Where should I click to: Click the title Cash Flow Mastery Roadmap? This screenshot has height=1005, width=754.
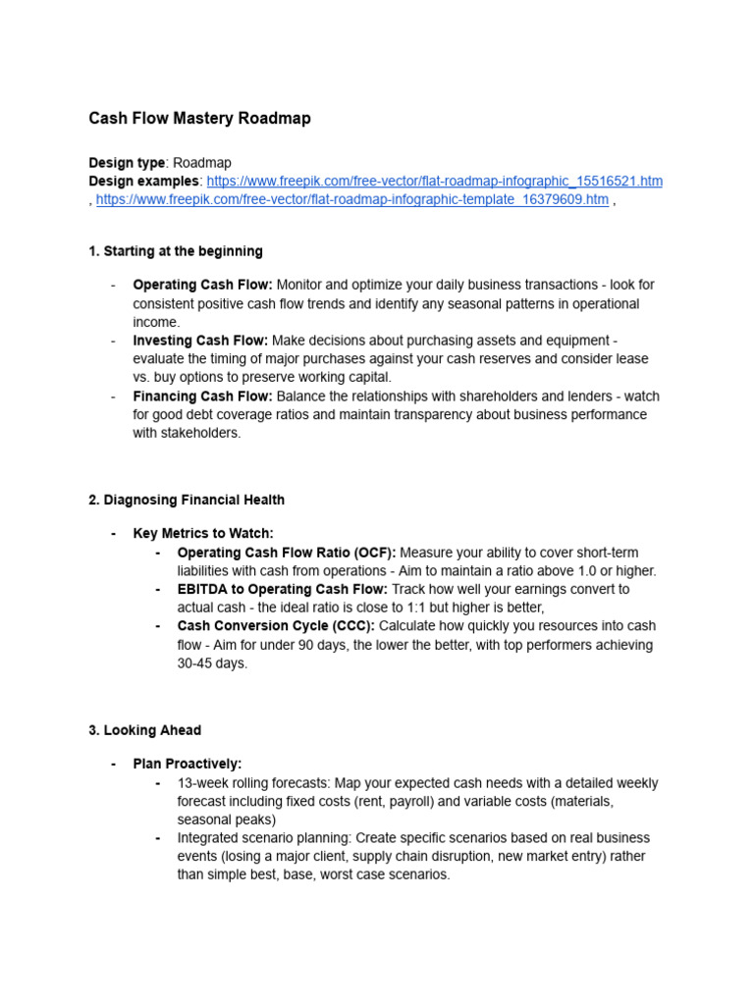[x=199, y=119]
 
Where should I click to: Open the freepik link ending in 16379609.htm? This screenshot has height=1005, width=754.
[x=351, y=200]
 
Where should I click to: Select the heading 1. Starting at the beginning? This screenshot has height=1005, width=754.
[x=176, y=251]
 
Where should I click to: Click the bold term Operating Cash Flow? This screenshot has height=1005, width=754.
[x=202, y=285]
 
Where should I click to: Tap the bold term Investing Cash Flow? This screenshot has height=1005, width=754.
[x=200, y=341]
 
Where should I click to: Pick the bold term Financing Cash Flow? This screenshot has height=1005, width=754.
[x=202, y=397]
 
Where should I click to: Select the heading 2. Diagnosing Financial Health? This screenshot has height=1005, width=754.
[x=187, y=500]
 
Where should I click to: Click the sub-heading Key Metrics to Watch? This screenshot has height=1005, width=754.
[x=203, y=533]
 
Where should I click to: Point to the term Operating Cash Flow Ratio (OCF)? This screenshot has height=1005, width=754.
[x=287, y=553]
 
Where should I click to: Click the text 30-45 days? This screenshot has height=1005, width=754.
[x=212, y=663]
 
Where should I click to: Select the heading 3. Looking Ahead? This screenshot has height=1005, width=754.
[x=144, y=730]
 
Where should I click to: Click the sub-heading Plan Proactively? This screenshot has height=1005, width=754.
[x=188, y=764]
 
